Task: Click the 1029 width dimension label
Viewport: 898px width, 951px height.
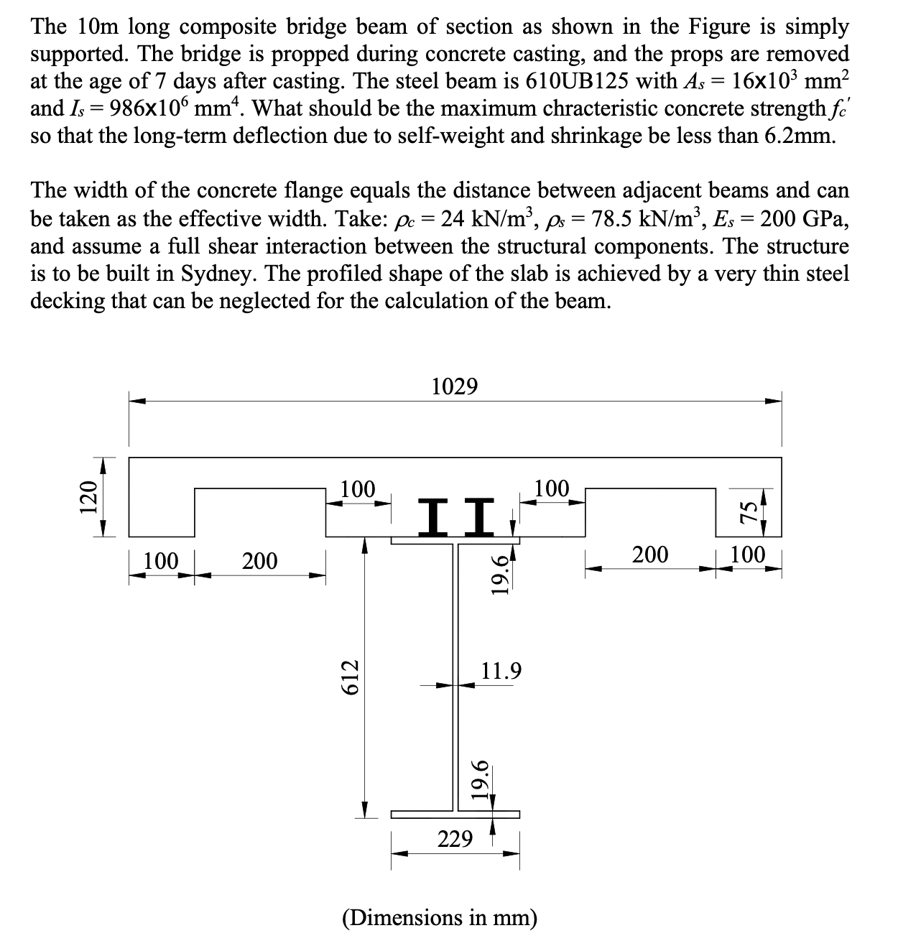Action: point(455,386)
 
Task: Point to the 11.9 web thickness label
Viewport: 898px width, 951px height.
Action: point(501,671)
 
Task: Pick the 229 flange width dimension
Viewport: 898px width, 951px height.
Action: point(455,838)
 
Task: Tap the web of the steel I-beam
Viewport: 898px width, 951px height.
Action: point(455,675)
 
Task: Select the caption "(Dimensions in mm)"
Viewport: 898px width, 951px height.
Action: point(440,917)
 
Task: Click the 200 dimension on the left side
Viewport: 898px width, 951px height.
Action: point(259,560)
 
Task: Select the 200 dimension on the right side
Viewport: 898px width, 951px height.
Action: point(649,554)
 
